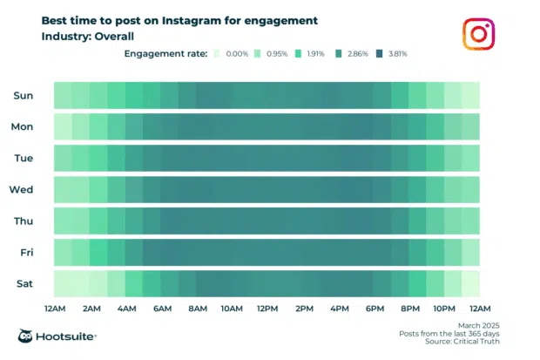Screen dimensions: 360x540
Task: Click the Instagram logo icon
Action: point(478,36)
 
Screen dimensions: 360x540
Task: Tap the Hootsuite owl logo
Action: point(27,337)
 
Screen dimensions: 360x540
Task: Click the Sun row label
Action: point(24,95)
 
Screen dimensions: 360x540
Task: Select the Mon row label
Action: point(23,126)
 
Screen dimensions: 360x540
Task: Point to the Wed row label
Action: point(22,189)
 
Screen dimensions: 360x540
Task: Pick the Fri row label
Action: point(25,252)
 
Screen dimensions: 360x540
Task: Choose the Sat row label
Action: point(24,283)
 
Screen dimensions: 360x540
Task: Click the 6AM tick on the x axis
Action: point(161,308)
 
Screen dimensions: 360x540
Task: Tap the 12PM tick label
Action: point(268,308)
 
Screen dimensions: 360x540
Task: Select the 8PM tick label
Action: point(410,308)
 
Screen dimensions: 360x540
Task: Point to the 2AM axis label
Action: point(90,308)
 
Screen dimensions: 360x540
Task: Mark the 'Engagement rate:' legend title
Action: point(164,54)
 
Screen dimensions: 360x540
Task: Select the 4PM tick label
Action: point(340,308)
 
